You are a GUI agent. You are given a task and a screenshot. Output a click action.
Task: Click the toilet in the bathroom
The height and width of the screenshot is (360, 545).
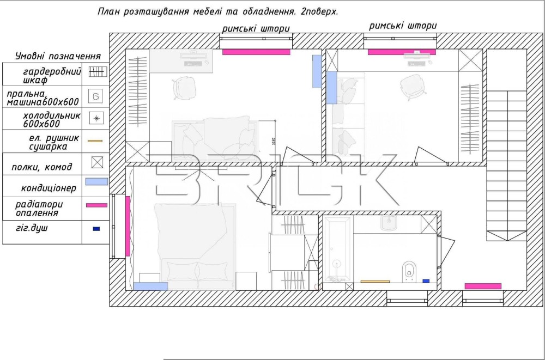(409, 271)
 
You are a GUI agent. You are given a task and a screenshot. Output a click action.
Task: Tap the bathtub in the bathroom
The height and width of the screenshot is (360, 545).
(337, 249)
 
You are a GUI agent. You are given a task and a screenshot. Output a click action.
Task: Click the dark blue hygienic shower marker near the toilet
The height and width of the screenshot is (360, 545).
(426, 281)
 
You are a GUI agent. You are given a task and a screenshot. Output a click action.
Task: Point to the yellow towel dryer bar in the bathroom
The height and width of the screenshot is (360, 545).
(375, 282)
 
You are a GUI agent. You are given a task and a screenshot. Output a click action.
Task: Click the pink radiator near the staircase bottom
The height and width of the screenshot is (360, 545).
(483, 286)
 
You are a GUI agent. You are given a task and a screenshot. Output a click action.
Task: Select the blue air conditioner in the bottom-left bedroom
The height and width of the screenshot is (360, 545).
(150, 286)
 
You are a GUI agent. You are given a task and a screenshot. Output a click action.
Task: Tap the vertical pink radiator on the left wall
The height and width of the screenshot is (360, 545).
(128, 226)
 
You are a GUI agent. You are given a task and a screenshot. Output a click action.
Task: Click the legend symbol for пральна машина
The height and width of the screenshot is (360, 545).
(95, 96)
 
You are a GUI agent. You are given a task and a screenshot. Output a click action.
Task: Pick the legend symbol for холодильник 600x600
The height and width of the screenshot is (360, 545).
(96, 118)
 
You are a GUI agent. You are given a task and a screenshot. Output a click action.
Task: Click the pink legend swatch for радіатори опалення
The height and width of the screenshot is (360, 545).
(96, 205)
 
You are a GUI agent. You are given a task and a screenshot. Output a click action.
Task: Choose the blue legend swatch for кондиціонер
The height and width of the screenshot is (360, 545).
(96, 181)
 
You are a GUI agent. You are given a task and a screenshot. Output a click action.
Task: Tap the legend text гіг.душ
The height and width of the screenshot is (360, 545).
(32, 228)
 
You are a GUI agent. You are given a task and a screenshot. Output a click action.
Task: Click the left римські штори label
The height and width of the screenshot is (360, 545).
(256, 28)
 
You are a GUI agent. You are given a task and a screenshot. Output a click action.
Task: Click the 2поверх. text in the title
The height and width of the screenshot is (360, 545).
(319, 11)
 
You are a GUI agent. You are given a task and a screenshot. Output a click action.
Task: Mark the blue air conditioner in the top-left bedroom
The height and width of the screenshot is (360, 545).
(317, 71)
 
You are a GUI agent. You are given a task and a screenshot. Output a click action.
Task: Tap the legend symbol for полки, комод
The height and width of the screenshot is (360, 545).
(97, 162)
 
